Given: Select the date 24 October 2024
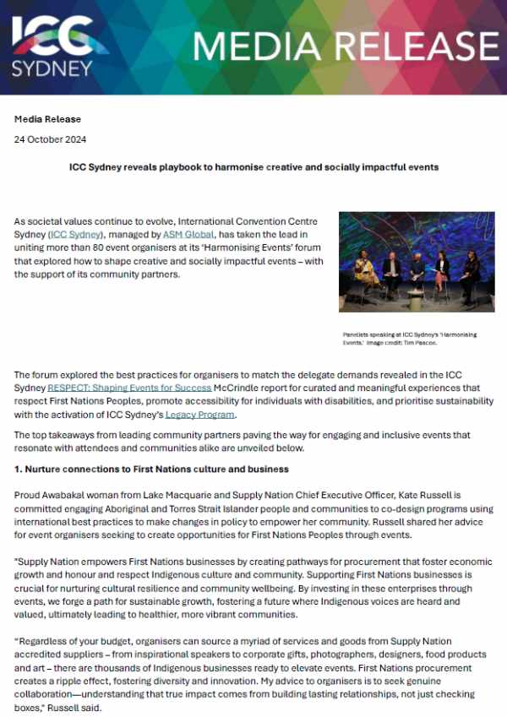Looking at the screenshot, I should (x=50, y=139).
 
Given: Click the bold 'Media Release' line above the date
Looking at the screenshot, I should (x=47, y=119).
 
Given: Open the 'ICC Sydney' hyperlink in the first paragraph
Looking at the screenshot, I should (x=73, y=232).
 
